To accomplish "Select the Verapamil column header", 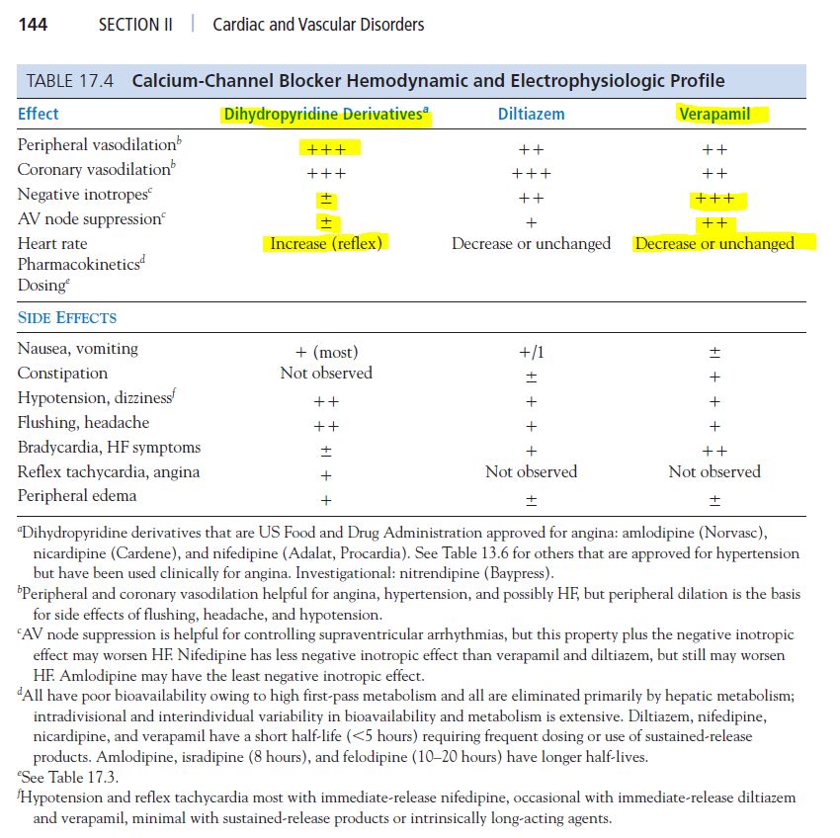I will pyautogui.click(x=714, y=114).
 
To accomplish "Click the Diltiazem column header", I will pyautogui.click(x=531, y=114).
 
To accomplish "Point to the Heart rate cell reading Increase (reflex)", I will pyautogui.click(x=326, y=243).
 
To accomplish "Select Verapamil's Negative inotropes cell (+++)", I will pyautogui.click(x=714, y=198).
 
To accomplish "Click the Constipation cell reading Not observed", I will pyautogui.click(x=326, y=374).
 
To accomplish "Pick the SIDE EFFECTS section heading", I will pyautogui.click(x=67, y=318).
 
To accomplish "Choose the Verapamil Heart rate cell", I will pyautogui.click(x=714, y=243).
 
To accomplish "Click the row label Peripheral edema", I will pyautogui.click(x=77, y=496).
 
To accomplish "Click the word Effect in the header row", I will pyautogui.click(x=39, y=114).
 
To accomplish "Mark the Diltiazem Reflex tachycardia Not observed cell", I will pyautogui.click(x=531, y=472).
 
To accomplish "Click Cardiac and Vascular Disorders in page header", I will pyautogui.click(x=318, y=24).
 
